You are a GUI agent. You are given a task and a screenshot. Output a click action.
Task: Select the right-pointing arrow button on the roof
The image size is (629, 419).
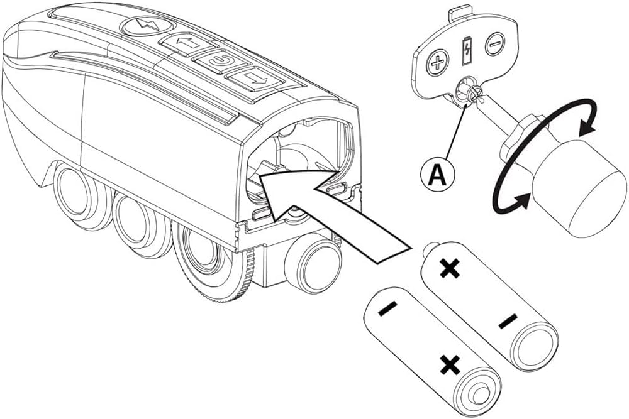tap(248, 80)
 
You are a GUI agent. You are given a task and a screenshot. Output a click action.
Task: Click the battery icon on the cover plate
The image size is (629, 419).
tap(466, 52)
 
